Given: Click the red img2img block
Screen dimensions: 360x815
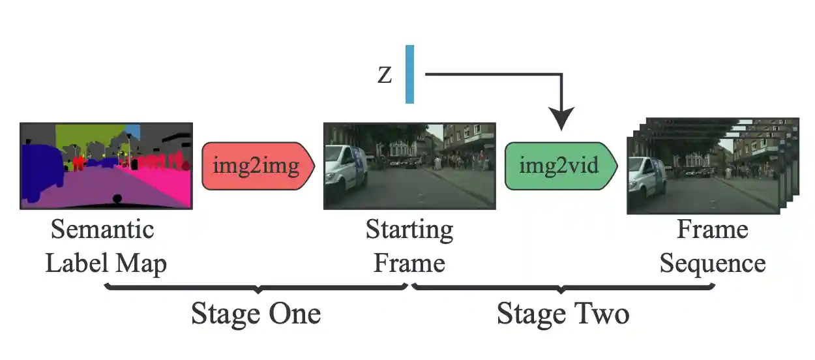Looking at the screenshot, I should pos(258,166).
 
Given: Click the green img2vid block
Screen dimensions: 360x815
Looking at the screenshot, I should pos(560,166).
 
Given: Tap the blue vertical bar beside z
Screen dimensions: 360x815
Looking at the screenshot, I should pos(409,74).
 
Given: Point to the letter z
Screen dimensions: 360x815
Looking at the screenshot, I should pos(385,75).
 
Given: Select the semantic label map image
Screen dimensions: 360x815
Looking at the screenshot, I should pos(106,166).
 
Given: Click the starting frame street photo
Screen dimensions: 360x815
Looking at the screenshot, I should pos(409,166).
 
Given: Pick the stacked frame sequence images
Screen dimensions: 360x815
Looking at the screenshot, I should pos(711,167).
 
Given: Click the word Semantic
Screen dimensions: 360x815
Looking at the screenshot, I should pos(102,230).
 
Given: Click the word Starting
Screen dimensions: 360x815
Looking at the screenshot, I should pos(409,230).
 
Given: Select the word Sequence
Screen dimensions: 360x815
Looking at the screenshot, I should pos(712,263).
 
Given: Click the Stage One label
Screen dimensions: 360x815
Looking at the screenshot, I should pos(256,314).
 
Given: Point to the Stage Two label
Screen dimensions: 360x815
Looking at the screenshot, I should pos(563,314).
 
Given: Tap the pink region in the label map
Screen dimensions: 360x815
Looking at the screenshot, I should pos(166,186).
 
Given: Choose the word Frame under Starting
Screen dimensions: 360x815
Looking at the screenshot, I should pos(409,263).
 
